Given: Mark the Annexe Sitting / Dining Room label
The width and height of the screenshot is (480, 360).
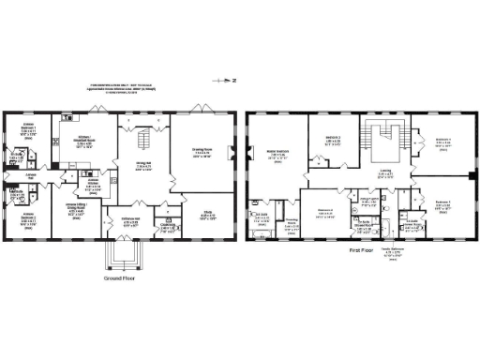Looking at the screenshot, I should click(x=77, y=209).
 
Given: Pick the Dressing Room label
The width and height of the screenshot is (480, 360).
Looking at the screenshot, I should click(x=292, y=224).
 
